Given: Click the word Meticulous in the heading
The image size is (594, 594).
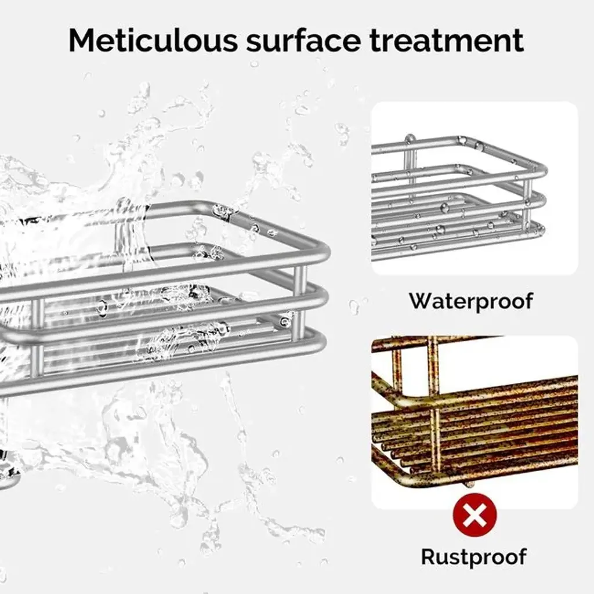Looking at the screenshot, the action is [x=153, y=40].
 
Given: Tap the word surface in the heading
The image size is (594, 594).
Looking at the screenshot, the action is [x=303, y=40].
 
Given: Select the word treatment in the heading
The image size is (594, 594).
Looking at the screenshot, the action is [x=447, y=41].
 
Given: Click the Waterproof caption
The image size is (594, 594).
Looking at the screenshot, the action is [x=471, y=301].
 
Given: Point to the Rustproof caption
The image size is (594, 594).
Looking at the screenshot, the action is [x=474, y=556].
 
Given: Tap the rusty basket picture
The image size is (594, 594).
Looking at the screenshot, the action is [x=475, y=422].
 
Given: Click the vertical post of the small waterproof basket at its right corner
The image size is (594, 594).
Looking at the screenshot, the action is [x=527, y=205].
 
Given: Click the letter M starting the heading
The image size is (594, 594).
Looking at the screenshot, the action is [x=82, y=40].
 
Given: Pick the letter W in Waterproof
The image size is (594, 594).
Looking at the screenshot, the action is [x=421, y=300].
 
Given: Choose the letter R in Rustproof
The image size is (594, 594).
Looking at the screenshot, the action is [x=429, y=556].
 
